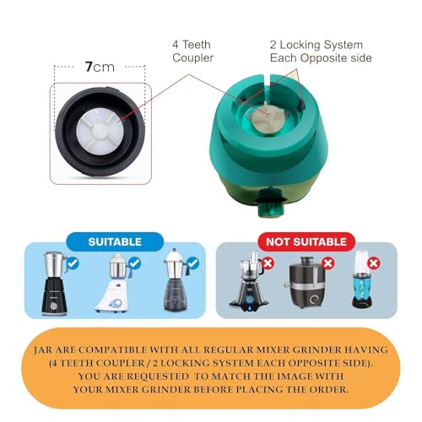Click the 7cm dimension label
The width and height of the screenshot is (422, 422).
point(100,67)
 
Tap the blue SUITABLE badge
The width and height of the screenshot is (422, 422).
point(115,241)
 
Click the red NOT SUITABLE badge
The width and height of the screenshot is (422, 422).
point(306,241)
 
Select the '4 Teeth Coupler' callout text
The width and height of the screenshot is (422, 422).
point(192,51)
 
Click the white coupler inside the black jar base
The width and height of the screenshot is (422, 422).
point(100,132)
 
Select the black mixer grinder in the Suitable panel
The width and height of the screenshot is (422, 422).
point(54,284)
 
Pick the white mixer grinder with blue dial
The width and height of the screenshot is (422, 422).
point(112,284)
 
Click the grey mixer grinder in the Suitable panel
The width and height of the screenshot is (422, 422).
point(176,280)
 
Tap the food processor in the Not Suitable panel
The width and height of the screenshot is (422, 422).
point(248,281)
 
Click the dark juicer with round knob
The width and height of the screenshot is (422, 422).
point(306,282)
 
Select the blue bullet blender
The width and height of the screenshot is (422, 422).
point(362,279)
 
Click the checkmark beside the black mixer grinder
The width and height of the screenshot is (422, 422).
point(73,263)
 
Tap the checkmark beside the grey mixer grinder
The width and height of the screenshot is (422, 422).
point(193,263)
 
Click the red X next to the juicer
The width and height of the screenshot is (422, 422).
point(328,263)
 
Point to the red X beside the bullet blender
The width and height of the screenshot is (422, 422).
point(374,263)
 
